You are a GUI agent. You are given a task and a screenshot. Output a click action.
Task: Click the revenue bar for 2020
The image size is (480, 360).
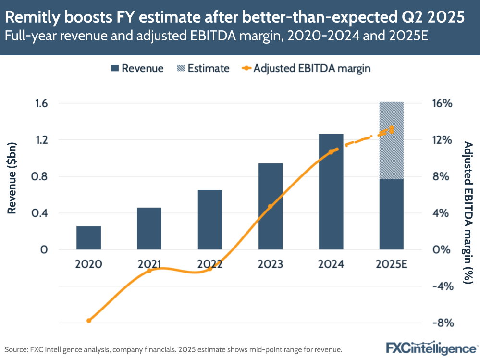[88, 237]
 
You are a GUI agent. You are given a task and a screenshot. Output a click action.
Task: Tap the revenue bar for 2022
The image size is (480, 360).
[210, 220]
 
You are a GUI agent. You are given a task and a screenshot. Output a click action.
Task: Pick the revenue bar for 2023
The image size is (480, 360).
[271, 206]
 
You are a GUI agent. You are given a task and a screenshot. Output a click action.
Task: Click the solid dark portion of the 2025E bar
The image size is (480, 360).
[392, 214]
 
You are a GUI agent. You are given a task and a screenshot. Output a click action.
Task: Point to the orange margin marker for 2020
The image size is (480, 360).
[89, 321]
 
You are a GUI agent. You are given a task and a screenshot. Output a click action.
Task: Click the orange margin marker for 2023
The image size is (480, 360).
[270, 206]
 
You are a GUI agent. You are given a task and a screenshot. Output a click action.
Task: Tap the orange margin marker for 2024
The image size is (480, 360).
[331, 152]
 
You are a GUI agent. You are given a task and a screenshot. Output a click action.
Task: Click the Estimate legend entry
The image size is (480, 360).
[202, 68]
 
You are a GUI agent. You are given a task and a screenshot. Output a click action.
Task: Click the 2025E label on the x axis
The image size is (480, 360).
[392, 264]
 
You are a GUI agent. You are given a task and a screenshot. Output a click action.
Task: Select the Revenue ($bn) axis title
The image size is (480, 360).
[12, 178]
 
